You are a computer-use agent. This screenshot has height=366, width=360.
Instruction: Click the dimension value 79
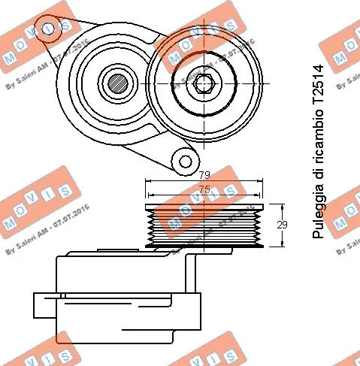pos(203,176)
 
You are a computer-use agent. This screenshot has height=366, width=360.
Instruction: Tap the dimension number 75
pos(203,189)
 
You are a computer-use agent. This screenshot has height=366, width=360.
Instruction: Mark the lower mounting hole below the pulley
pos(183,160)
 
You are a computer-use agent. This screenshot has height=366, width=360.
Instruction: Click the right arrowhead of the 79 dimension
pos(264,181)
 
